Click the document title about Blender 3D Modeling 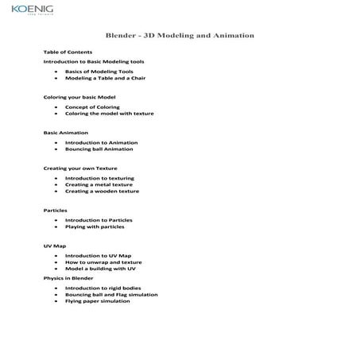180,36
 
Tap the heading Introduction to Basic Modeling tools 94,61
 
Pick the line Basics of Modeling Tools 99,71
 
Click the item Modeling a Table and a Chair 105,78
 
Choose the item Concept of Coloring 92,106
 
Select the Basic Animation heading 66,132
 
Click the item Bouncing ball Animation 99,149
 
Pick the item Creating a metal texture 99,184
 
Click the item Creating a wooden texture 102,192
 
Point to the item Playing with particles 95,227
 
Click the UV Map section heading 55,246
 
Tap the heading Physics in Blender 68,279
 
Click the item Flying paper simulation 98,301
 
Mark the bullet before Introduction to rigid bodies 56,288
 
